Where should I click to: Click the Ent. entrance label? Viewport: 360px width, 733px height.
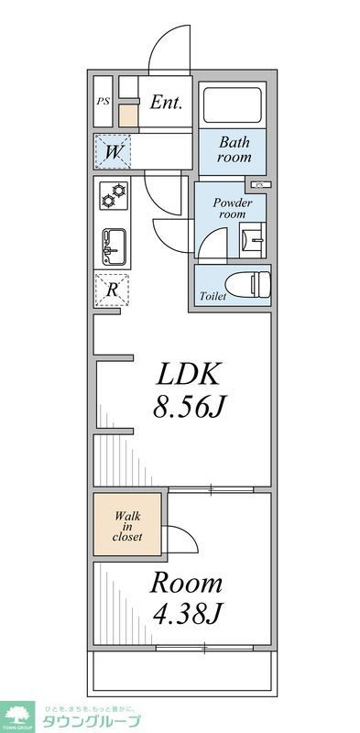tap(167, 102)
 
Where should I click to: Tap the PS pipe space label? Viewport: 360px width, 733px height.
tap(104, 102)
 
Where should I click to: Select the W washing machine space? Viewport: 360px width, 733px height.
tap(113, 151)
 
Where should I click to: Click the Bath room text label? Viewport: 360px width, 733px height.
tap(234, 150)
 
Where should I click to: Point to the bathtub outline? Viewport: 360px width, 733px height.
tap(232, 105)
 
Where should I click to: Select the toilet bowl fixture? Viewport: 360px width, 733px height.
tap(251, 284)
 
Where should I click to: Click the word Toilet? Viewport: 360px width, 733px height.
tap(213, 296)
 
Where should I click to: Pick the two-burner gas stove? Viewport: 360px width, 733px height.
tap(114, 197)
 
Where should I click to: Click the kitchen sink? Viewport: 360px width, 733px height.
tap(114, 244)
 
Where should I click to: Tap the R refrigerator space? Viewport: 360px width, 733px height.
tap(113, 290)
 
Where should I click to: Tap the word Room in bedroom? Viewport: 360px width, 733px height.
tap(186, 583)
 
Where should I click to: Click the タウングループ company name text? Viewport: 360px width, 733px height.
tap(92, 721)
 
